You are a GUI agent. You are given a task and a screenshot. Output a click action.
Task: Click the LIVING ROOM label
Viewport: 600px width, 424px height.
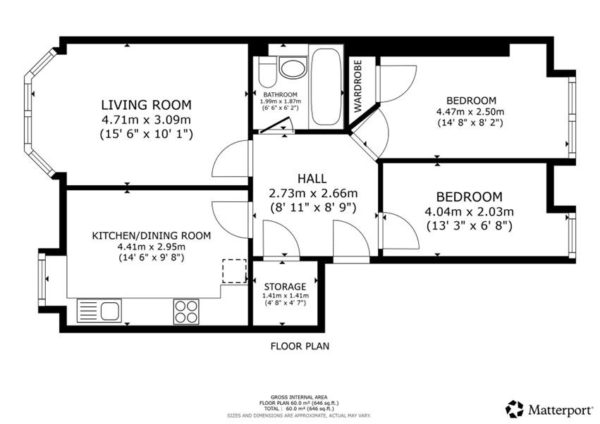pyautogui.click(x=147, y=105)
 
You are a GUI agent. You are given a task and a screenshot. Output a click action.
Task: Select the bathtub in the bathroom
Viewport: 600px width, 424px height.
pyautogui.click(x=325, y=87)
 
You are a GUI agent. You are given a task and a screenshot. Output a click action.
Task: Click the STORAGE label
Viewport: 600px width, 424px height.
pyautogui.click(x=285, y=287)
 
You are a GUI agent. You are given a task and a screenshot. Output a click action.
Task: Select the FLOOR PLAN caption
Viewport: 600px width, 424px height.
pyautogui.click(x=300, y=346)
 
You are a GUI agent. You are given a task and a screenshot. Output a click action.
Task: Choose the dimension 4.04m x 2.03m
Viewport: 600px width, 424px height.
pyautogui.click(x=469, y=211)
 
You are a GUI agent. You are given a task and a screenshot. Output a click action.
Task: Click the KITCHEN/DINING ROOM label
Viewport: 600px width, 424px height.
pyautogui.click(x=152, y=235)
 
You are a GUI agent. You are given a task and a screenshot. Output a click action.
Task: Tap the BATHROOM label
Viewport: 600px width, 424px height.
pyautogui.click(x=281, y=94)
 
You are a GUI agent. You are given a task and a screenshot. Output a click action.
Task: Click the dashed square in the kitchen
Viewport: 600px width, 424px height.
pyautogui.click(x=234, y=271)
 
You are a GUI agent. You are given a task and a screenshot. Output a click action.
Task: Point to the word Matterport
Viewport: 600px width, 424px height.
pyautogui.click(x=560, y=409)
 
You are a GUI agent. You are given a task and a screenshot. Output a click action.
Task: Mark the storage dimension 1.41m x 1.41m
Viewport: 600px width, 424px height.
pyautogui.click(x=285, y=296)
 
